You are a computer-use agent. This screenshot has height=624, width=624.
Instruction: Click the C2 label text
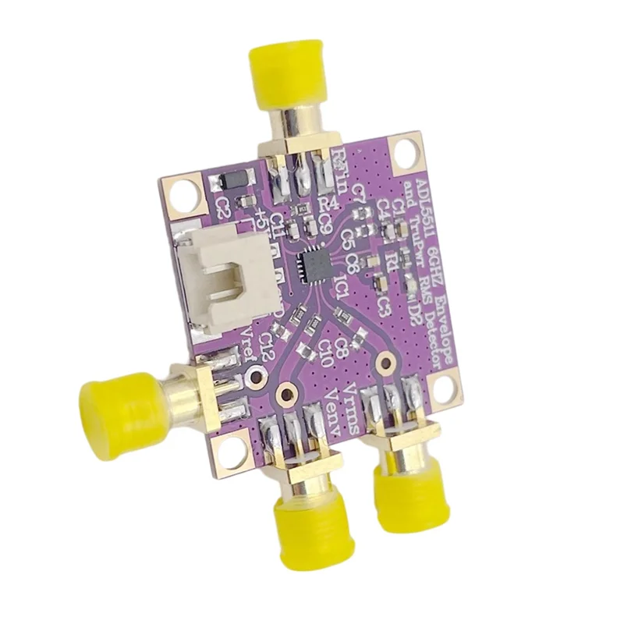click(x=223, y=207)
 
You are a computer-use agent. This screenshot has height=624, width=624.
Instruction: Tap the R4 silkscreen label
click(x=328, y=205)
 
